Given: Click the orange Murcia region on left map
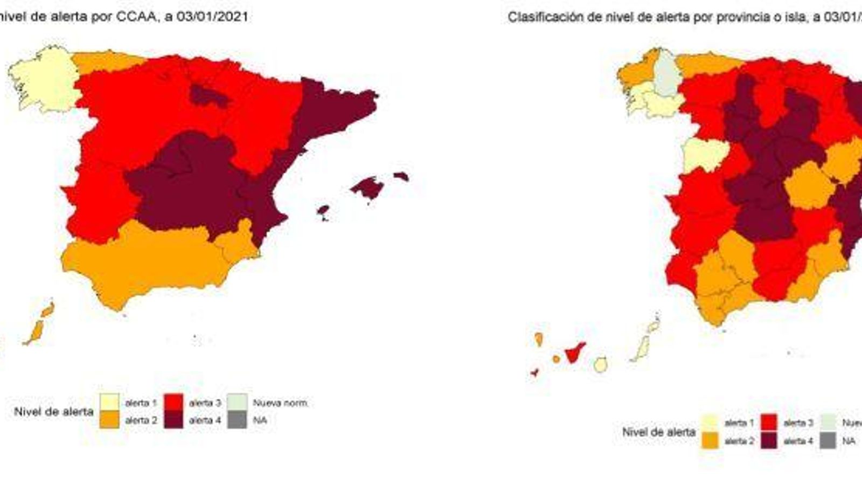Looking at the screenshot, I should [x=237, y=242].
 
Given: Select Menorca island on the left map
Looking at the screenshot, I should [x=401, y=176].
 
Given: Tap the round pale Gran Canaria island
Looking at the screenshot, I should [x=600, y=365].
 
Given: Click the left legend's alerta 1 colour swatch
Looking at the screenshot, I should [x=109, y=402].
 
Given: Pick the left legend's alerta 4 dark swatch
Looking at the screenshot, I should [x=173, y=420].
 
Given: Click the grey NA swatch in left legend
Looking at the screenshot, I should [x=237, y=420].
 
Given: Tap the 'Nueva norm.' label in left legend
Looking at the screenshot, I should [x=280, y=403].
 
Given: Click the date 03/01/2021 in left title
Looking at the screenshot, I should [x=212, y=17].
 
